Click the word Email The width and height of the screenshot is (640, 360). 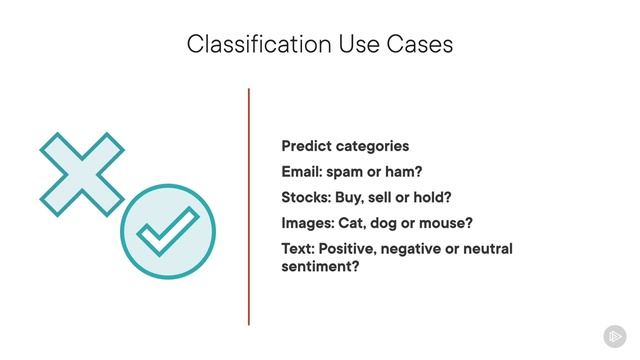[302, 171]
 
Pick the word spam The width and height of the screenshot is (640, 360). [347, 171]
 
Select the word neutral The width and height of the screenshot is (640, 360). [485, 248]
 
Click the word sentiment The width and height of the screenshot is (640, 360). [317, 267]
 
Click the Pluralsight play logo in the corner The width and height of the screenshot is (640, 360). [614, 336]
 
